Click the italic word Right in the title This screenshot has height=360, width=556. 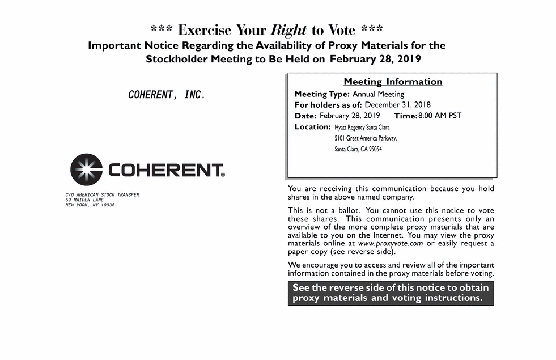pos(289,29)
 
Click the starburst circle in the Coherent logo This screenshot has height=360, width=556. pos(86,170)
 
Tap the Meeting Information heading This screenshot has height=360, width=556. pos(393,82)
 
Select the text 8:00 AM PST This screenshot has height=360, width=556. pos(440,116)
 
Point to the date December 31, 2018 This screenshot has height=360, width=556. pos(397,105)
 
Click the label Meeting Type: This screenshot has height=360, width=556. pos(322,94)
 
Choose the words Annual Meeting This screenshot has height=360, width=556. pos(378,94)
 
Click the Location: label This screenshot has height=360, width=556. pos(312,127)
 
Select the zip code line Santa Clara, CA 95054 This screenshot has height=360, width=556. pos(358,149)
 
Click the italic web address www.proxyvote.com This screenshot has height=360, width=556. pos(391,244)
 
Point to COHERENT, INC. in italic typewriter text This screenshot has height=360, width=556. pos(167,95)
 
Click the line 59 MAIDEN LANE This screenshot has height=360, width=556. pos(84,200)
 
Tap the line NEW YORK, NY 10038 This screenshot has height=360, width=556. pos(90,205)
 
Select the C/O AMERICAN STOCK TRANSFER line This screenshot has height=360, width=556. pos(102,195)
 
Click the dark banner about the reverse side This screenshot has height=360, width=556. pos(391,293)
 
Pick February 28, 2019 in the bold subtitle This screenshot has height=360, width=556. pos(375,59)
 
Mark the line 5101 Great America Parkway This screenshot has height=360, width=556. pos(366,138)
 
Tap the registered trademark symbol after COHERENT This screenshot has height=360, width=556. pos(223,175)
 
